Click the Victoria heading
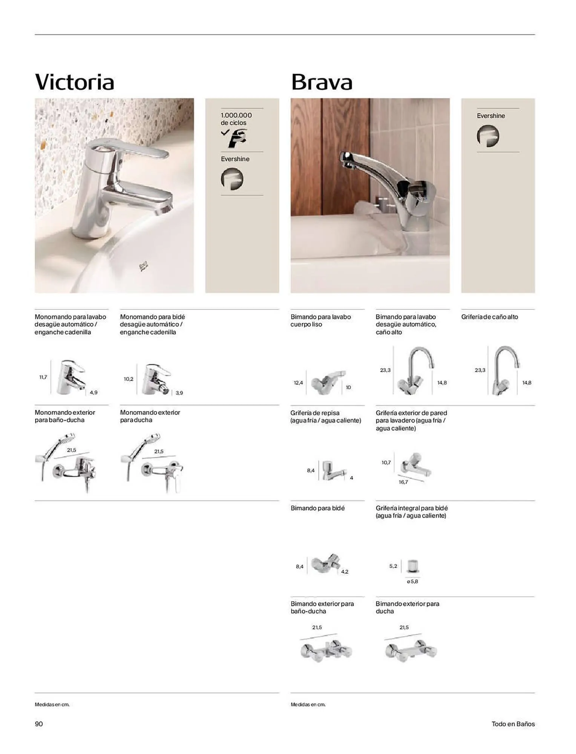click(74, 82)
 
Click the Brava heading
click(322, 82)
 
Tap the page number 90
click(39, 724)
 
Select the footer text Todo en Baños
click(513, 724)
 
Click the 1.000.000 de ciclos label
click(236, 119)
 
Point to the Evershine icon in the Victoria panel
click(232, 179)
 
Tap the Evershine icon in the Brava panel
click(488, 136)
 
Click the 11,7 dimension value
click(43, 377)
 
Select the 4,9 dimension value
click(93, 392)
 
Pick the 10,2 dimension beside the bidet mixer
click(129, 379)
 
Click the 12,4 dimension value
click(298, 383)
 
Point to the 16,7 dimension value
click(403, 482)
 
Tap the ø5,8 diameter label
click(413, 582)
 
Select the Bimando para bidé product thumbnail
click(326, 564)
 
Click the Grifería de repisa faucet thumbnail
click(332, 470)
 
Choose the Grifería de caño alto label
click(490, 317)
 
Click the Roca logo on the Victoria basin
click(144, 267)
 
